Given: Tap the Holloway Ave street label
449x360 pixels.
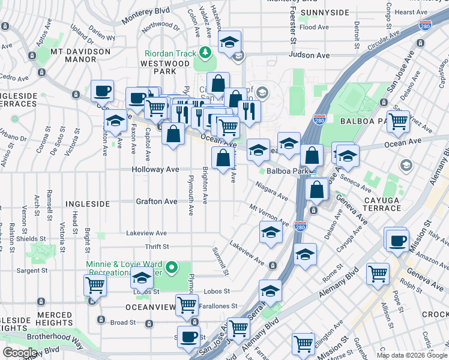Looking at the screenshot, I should [155, 170].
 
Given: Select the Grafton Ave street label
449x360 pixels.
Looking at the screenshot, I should [156, 202].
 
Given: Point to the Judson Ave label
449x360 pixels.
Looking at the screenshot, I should [309, 55].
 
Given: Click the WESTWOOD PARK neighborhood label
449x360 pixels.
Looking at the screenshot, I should [165, 68].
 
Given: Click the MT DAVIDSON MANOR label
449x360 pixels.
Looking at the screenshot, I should [80, 56].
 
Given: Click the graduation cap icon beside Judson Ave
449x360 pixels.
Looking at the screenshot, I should [229, 43].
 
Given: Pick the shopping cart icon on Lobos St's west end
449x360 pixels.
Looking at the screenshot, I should [95, 286].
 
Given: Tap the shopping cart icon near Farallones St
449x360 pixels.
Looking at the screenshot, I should [187, 305].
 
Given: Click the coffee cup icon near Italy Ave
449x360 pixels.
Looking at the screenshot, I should [397, 241].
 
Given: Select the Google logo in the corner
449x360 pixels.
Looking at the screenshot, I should [20, 353].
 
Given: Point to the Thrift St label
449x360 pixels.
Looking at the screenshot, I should [157, 247].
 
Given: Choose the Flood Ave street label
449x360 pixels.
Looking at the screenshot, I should [315, 28].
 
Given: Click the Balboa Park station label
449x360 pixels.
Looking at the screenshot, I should [287, 170].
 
